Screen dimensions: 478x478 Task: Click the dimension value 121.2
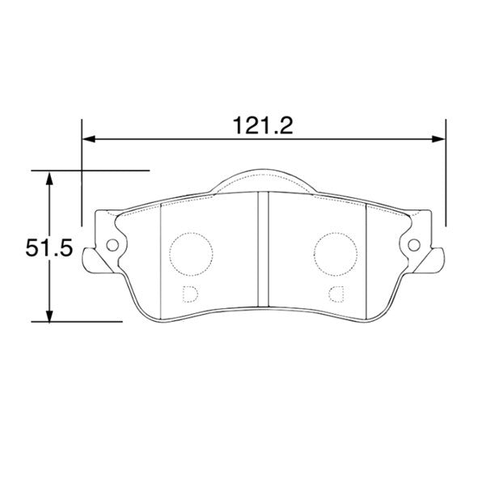tap(263, 125)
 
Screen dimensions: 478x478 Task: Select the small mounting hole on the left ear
tap(112, 245)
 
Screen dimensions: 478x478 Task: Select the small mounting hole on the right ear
tap(414, 245)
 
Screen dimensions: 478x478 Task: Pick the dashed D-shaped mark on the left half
tap(190, 293)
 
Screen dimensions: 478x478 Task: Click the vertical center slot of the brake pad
tap(263, 251)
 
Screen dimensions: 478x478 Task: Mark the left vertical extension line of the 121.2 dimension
tap(82, 174)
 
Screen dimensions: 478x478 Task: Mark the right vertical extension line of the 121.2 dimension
tap(446, 174)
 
